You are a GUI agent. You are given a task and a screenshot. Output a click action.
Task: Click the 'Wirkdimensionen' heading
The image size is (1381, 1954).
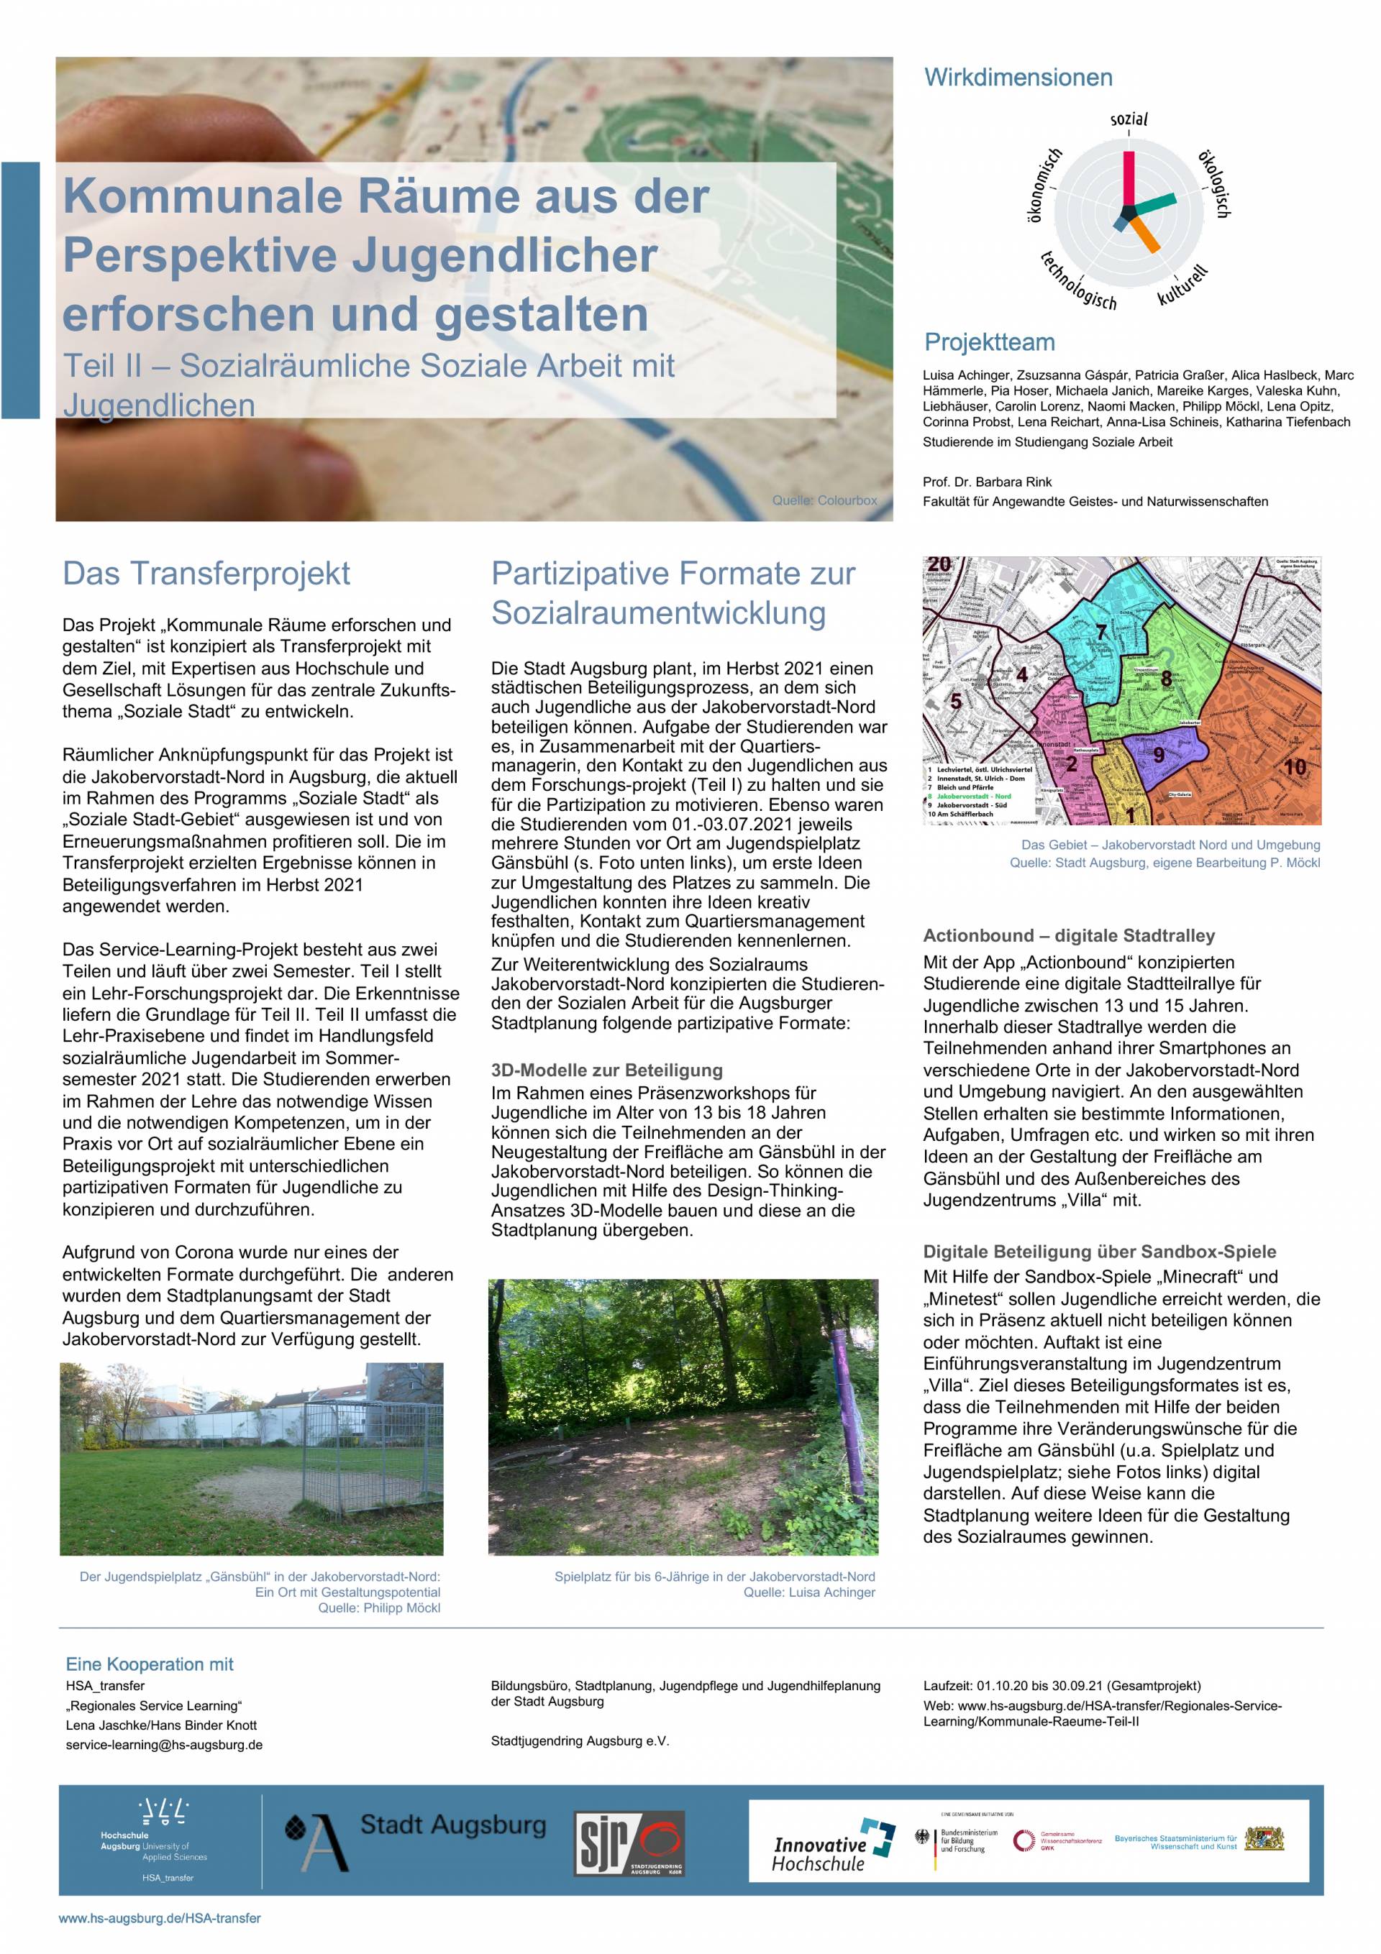tap(1018, 78)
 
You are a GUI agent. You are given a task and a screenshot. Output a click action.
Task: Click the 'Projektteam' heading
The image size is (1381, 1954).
tap(988, 342)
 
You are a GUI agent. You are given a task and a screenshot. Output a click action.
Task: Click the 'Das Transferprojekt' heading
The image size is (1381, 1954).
tap(206, 574)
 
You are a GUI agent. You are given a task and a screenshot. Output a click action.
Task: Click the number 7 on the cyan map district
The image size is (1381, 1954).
tap(1101, 633)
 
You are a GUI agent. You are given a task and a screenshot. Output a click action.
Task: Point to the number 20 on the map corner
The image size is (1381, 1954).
tap(939, 564)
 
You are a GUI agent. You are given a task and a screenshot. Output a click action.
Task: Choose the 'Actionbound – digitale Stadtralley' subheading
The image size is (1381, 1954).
tap(1069, 935)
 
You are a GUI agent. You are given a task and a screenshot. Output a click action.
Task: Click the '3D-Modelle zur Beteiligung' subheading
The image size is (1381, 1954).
tap(606, 1070)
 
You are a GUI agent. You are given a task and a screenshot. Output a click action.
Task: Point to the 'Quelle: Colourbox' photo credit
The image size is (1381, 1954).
tap(824, 500)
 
